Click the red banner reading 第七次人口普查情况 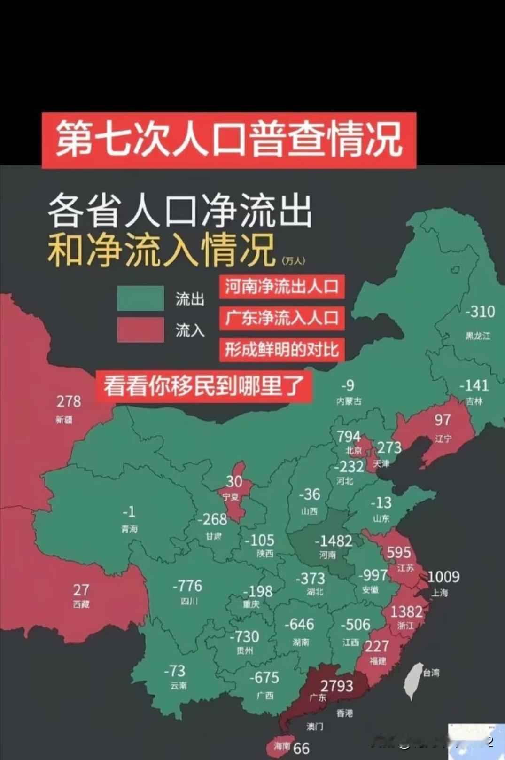pos(229,140)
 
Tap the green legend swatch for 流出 pos(140,298)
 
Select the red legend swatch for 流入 pos(140,329)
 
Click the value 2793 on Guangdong pos(337,686)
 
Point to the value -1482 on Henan pos(333,541)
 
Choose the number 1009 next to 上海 pos(443,577)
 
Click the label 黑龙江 pos(478,336)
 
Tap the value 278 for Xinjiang pos(69,401)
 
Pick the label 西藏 pos(81,604)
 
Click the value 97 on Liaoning pos(443,420)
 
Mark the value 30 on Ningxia pos(234,481)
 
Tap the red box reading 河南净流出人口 pos(282,287)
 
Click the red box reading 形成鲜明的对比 pos(282,350)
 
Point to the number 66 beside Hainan pos(302,748)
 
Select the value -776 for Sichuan pos(187,586)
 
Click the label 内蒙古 pos(349,401)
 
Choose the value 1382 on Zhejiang pos(406,611)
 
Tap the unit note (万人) pos(294,260)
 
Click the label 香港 pos(344,713)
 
